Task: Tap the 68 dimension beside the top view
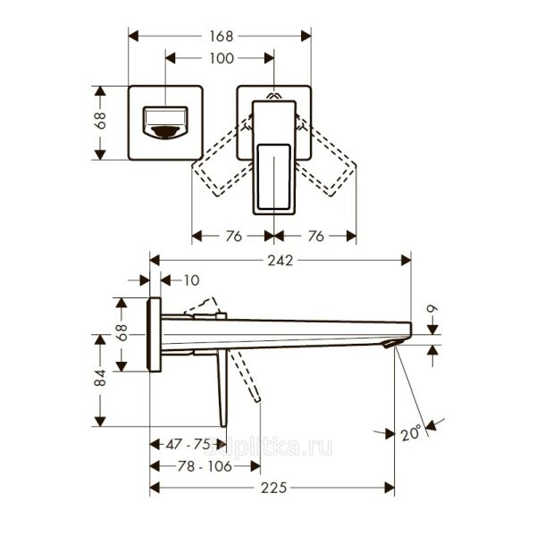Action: click(x=101, y=121)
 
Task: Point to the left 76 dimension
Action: click(x=233, y=237)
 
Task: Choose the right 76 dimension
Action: click(x=314, y=237)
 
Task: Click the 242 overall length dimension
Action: click(x=281, y=260)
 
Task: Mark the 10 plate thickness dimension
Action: click(x=191, y=280)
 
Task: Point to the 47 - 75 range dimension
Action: click(x=187, y=444)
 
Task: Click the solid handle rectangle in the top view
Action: click(x=273, y=156)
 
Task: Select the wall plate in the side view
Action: click(x=155, y=334)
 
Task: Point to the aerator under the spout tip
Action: click(x=389, y=343)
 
